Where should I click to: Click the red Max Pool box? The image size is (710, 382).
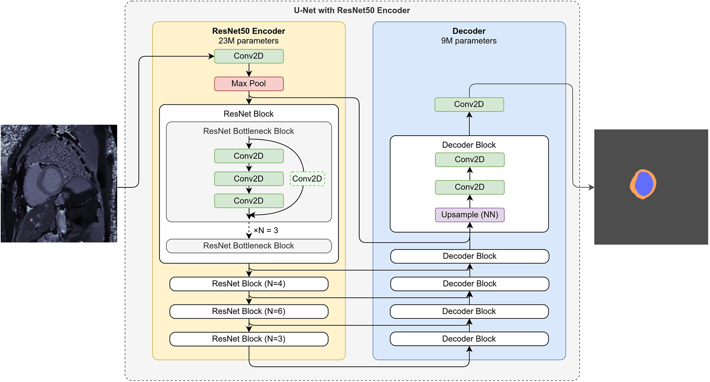(x=249, y=84)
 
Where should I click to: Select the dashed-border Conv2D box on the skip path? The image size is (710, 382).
(x=307, y=179)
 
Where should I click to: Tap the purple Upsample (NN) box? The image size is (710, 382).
(x=470, y=215)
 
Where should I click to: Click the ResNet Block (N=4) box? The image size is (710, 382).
(x=249, y=284)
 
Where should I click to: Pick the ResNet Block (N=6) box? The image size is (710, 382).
(x=249, y=311)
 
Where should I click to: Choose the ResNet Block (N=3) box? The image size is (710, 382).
(x=249, y=339)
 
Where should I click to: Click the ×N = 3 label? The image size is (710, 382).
(x=266, y=230)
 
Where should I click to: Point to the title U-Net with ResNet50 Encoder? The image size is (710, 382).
(x=352, y=10)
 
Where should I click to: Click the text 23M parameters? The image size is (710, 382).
(x=248, y=41)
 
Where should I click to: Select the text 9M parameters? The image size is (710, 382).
(x=469, y=41)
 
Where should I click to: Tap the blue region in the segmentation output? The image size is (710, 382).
(x=644, y=184)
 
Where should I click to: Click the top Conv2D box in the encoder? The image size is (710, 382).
(x=249, y=56)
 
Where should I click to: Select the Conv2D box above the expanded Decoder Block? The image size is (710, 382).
(x=469, y=104)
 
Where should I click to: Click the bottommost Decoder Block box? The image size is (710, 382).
(x=469, y=339)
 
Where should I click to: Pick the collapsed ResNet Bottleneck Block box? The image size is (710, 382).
(x=249, y=246)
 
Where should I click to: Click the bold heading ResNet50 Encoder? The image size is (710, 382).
(x=248, y=31)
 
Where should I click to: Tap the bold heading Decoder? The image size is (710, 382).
(x=469, y=31)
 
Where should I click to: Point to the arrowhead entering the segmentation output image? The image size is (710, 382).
(x=591, y=187)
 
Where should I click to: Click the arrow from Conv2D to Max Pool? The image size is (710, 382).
(x=249, y=70)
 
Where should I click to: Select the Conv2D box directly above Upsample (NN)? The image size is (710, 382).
(x=470, y=187)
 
